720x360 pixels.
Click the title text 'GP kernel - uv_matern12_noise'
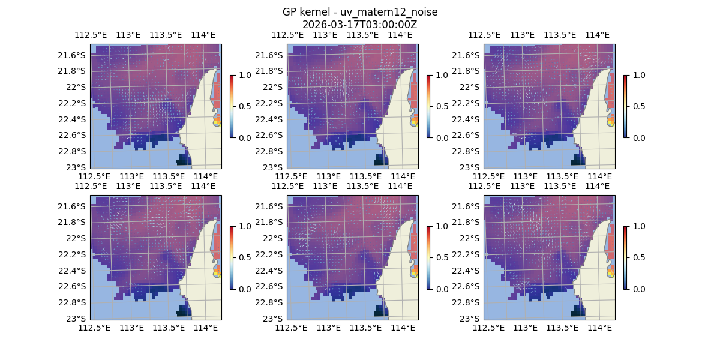(x=359, y=12)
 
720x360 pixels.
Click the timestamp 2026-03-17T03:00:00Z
(x=359, y=25)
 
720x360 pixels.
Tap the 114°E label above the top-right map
(x=597, y=35)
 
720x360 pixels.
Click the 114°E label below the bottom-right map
(x=600, y=328)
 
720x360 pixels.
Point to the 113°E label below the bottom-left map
(x=131, y=328)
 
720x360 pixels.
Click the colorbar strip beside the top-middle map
(x=428, y=106)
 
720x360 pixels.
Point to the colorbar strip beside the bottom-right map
(x=625, y=257)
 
